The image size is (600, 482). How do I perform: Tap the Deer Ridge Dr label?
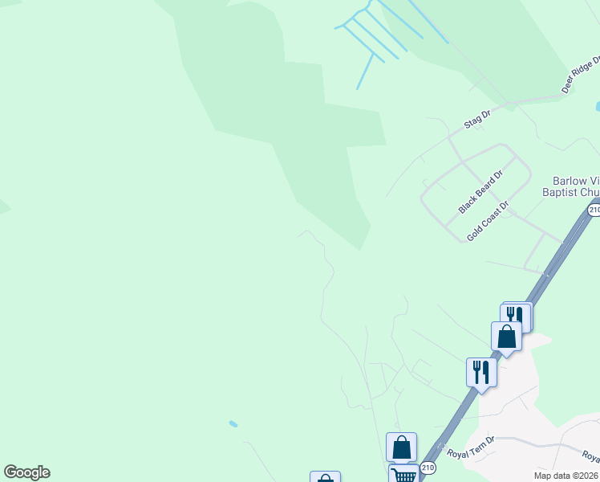point(581,75)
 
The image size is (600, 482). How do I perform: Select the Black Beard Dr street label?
point(480,191)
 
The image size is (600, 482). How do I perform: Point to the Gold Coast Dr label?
point(488,222)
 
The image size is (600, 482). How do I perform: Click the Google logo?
point(26,472)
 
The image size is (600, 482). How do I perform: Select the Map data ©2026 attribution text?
point(565,476)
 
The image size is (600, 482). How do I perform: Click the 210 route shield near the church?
point(594,210)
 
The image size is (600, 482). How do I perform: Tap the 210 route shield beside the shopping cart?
point(428,467)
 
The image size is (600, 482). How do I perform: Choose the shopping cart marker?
point(403,475)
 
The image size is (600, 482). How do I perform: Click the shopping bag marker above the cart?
point(401,447)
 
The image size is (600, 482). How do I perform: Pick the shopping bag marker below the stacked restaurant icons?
point(506,336)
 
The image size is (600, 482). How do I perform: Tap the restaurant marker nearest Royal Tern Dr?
point(481,372)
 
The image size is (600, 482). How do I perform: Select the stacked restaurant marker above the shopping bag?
point(516,316)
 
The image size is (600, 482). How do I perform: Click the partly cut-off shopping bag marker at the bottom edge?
point(325,477)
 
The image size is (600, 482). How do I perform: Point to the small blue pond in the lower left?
point(233,423)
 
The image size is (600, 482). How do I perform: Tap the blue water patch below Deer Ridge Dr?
point(598,105)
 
